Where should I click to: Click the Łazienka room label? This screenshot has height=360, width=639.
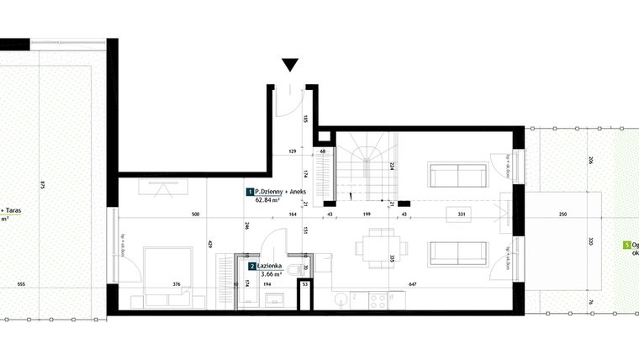(x=275, y=266)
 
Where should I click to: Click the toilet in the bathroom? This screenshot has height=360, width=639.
(x=289, y=269)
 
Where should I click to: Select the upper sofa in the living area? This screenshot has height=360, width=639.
(x=457, y=175)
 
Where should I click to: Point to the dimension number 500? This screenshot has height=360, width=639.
(x=195, y=214)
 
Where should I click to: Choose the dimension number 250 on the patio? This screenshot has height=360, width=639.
(x=562, y=214)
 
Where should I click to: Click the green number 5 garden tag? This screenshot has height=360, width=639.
(x=626, y=244)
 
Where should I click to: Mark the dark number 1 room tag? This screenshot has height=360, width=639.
(x=249, y=192)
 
